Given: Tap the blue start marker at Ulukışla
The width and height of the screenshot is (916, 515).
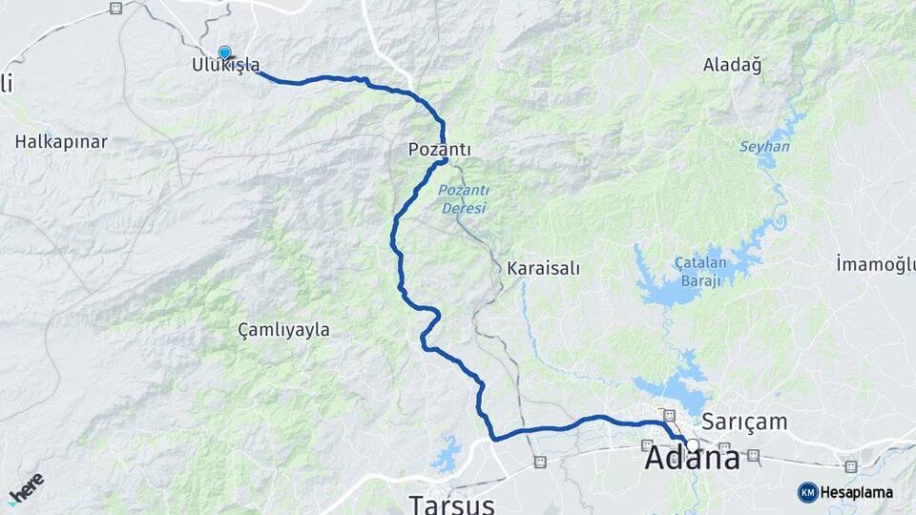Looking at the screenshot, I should (224, 53).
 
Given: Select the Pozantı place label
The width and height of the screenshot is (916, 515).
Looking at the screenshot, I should (440, 150).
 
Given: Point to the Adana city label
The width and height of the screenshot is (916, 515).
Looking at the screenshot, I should (692, 459).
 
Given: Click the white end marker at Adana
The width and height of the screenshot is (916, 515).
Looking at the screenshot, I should (693, 444).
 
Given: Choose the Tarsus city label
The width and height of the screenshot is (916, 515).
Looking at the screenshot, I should (451, 503).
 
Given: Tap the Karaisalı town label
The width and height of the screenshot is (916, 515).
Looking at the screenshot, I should (544, 268).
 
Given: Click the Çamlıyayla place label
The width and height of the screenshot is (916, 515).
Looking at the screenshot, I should (283, 330).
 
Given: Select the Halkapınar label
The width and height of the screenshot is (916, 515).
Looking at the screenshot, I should (61, 141).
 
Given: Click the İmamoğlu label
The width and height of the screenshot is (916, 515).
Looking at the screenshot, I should (875, 263).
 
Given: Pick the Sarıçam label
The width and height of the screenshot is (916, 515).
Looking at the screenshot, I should (744, 421).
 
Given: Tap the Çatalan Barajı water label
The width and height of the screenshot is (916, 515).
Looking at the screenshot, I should (701, 272).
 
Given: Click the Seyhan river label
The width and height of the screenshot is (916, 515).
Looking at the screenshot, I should (764, 147).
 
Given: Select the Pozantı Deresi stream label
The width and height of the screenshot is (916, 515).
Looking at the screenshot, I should (463, 199).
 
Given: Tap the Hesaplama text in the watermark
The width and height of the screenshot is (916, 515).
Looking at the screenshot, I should (857, 493).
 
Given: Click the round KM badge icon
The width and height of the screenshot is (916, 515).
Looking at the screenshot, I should (807, 492).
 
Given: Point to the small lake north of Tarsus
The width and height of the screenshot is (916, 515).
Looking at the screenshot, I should (446, 456).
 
